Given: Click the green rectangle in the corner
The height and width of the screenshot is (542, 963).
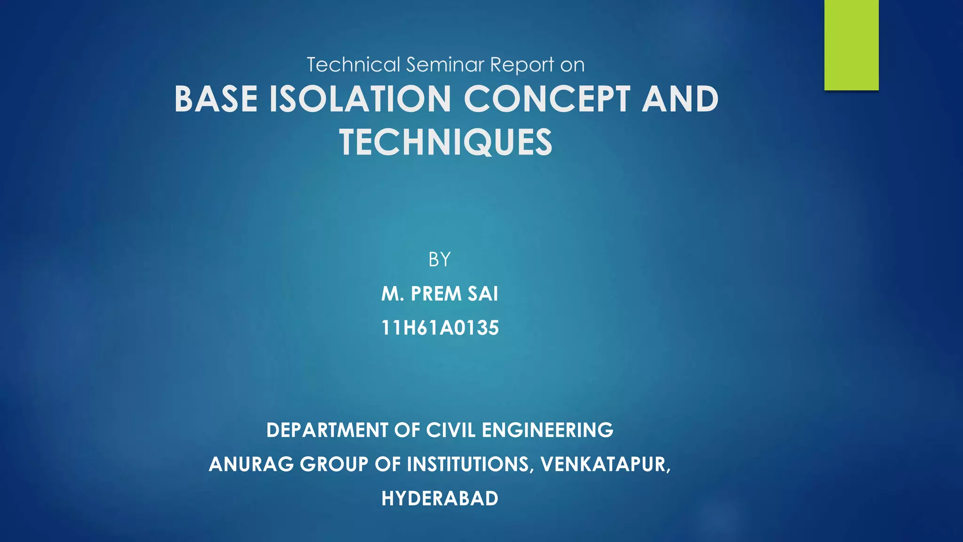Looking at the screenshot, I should pos(851,45).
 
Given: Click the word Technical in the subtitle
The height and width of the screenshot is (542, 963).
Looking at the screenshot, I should pos(354,64).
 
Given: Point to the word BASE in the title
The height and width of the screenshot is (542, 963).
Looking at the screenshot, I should pos(216,99).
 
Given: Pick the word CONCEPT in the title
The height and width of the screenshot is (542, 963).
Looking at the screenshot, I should pos(547,99).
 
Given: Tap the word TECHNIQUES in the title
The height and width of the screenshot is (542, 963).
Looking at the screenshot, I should pos(446,143).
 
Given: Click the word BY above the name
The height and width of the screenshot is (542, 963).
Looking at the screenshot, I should pos(440,259).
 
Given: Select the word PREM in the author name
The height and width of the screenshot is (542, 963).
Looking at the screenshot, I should pos(436,294).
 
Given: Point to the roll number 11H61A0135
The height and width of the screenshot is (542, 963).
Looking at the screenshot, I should pos(440,328).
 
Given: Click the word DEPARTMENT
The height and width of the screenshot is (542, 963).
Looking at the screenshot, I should pos(327,430).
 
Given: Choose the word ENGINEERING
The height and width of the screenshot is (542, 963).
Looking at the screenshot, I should pos(547,430).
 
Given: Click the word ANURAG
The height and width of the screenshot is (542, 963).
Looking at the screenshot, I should pos(252,464).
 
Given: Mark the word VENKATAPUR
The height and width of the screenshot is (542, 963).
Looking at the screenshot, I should pos(605,464).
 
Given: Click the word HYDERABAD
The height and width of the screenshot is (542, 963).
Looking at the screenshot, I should pos(440,499).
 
